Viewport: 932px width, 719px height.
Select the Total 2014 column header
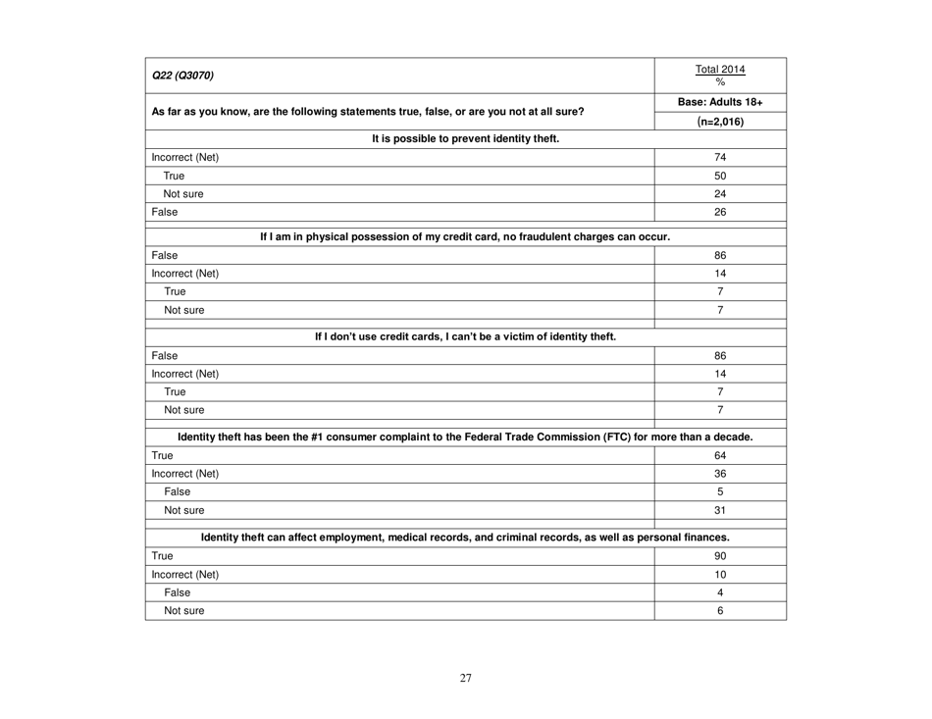click(x=720, y=70)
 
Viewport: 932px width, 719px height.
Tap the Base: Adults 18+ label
click(x=720, y=103)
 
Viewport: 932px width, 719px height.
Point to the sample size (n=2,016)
click(x=720, y=123)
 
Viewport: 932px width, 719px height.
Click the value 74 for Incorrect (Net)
click(x=720, y=157)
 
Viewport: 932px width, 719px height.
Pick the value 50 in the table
click(x=720, y=176)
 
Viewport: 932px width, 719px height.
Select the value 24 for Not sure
click(x=720, y=194)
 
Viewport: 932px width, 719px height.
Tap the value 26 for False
click(x=720, y=213)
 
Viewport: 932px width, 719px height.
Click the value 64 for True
click(x=720, y=455)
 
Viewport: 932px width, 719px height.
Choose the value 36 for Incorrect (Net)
click(x=720, y=474)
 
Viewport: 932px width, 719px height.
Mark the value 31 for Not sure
click(x=720, y=511)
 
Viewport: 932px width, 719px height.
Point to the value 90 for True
click(x=720, y=555)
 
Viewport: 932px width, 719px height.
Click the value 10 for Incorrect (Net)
click(x=720, y=574)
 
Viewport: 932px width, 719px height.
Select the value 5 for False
click(x=720, y=492)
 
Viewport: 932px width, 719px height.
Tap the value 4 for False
click(x=720, y=592)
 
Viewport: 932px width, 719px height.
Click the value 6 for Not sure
click(x=720, y=611)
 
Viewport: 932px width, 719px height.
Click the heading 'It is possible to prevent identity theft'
click(x=465, y=138)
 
